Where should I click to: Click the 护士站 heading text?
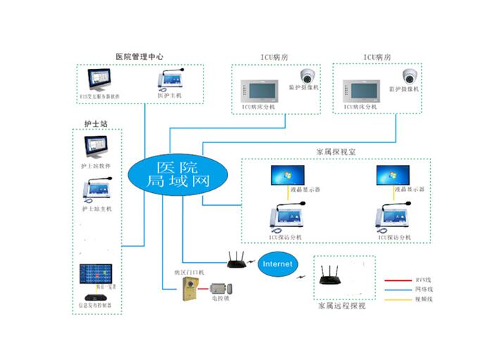pyautogui.click(x=95, y=124)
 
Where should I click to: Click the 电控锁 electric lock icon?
pyautogui.click(x=222, y=289)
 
